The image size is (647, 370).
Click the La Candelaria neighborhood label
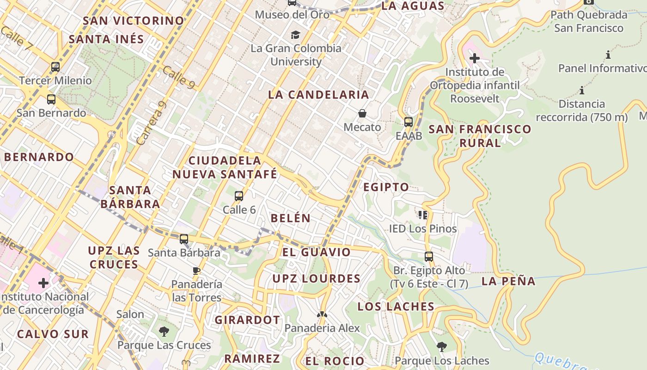click(x=318, y=95)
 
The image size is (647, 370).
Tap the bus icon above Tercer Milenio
click(x=55, y=67)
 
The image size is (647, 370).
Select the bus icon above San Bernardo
click(x=51, y=99)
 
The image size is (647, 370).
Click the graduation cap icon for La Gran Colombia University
click(x=295, y=35)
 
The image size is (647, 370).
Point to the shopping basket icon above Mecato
click(x=362, y=113)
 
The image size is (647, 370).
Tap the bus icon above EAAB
click(x=409, y=122)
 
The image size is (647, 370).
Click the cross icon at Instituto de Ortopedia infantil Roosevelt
click(x=474, y=58)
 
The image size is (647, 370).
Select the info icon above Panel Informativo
click(x=608, y=55)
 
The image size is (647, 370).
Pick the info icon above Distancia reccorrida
click(x=581, y=90)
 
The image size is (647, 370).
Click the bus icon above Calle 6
click(x=239, y=196)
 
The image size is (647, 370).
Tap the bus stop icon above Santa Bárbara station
click(x=184, y=239)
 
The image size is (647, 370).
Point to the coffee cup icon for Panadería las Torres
click(x=196, y=271)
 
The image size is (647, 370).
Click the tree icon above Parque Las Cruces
click(x=164, y=331)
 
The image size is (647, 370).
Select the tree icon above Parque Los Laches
click(x=442, y=346)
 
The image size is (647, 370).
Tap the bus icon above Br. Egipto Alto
click(x=429, y=256)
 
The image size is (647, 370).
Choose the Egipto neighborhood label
click(x=386, y=187)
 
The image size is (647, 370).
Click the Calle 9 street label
click(x=178, y=77)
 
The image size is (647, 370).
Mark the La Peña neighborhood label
click(x=508, y=281)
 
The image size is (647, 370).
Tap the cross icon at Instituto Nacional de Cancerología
click(x=43, y=283)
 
